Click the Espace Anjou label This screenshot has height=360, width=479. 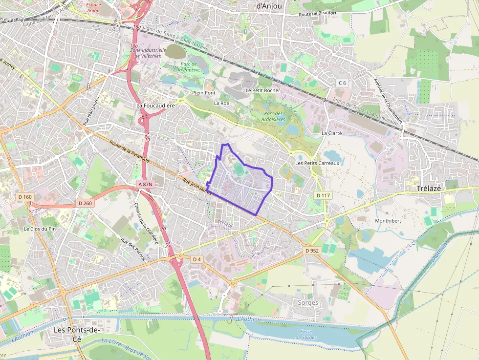click(x=93, y=7)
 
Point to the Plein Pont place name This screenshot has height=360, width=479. click(x=203, y=92)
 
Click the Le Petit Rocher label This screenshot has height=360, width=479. click(x=263, y=90)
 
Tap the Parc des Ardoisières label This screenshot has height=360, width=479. click(x=275, y=116)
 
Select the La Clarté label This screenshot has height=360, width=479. click(x=331, y=133)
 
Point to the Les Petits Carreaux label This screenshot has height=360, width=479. click(x=317, y=163)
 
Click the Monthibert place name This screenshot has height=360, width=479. click(x=388, y=220)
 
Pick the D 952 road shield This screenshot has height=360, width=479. click(x=311, y=251)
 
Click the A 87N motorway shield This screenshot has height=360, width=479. click(x=145, y=184)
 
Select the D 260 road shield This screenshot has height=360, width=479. click(x=85, y=203)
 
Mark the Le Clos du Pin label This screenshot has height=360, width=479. click(x=40, y=229)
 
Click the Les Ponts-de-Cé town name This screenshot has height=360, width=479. click(x=76, y=334)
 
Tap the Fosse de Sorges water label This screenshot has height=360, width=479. click(x=306, y=334)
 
